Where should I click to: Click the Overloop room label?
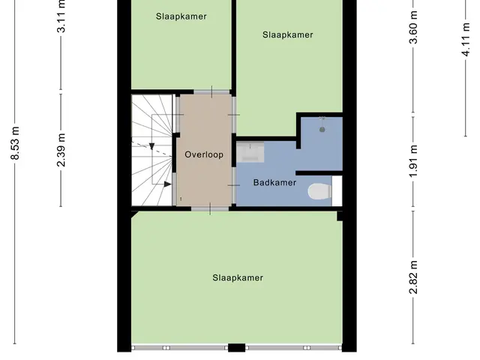pos(204,154)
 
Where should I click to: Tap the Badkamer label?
pos(274,183)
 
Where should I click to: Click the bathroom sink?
pos(250,151)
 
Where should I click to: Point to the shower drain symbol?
pos(322,130)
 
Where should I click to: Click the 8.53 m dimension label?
pos(15,143)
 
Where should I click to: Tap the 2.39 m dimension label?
pos(61,150)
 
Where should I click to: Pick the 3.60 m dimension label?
pos(413,27)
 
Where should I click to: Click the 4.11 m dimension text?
pos(465,39)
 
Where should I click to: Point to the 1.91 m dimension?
pos(413,161)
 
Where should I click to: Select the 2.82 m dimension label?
pos(413,277)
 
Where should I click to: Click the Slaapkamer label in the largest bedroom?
pos(238,278)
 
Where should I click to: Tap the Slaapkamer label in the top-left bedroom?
pos(181,16)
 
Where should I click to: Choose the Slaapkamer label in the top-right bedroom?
pos(288,35)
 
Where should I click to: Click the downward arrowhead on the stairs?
pos(151,146)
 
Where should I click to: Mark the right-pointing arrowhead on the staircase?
pos(167,184)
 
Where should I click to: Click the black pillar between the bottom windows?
pos(237,348)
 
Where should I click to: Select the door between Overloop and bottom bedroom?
pos(210,208)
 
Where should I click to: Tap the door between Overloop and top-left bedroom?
pos(211,91)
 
